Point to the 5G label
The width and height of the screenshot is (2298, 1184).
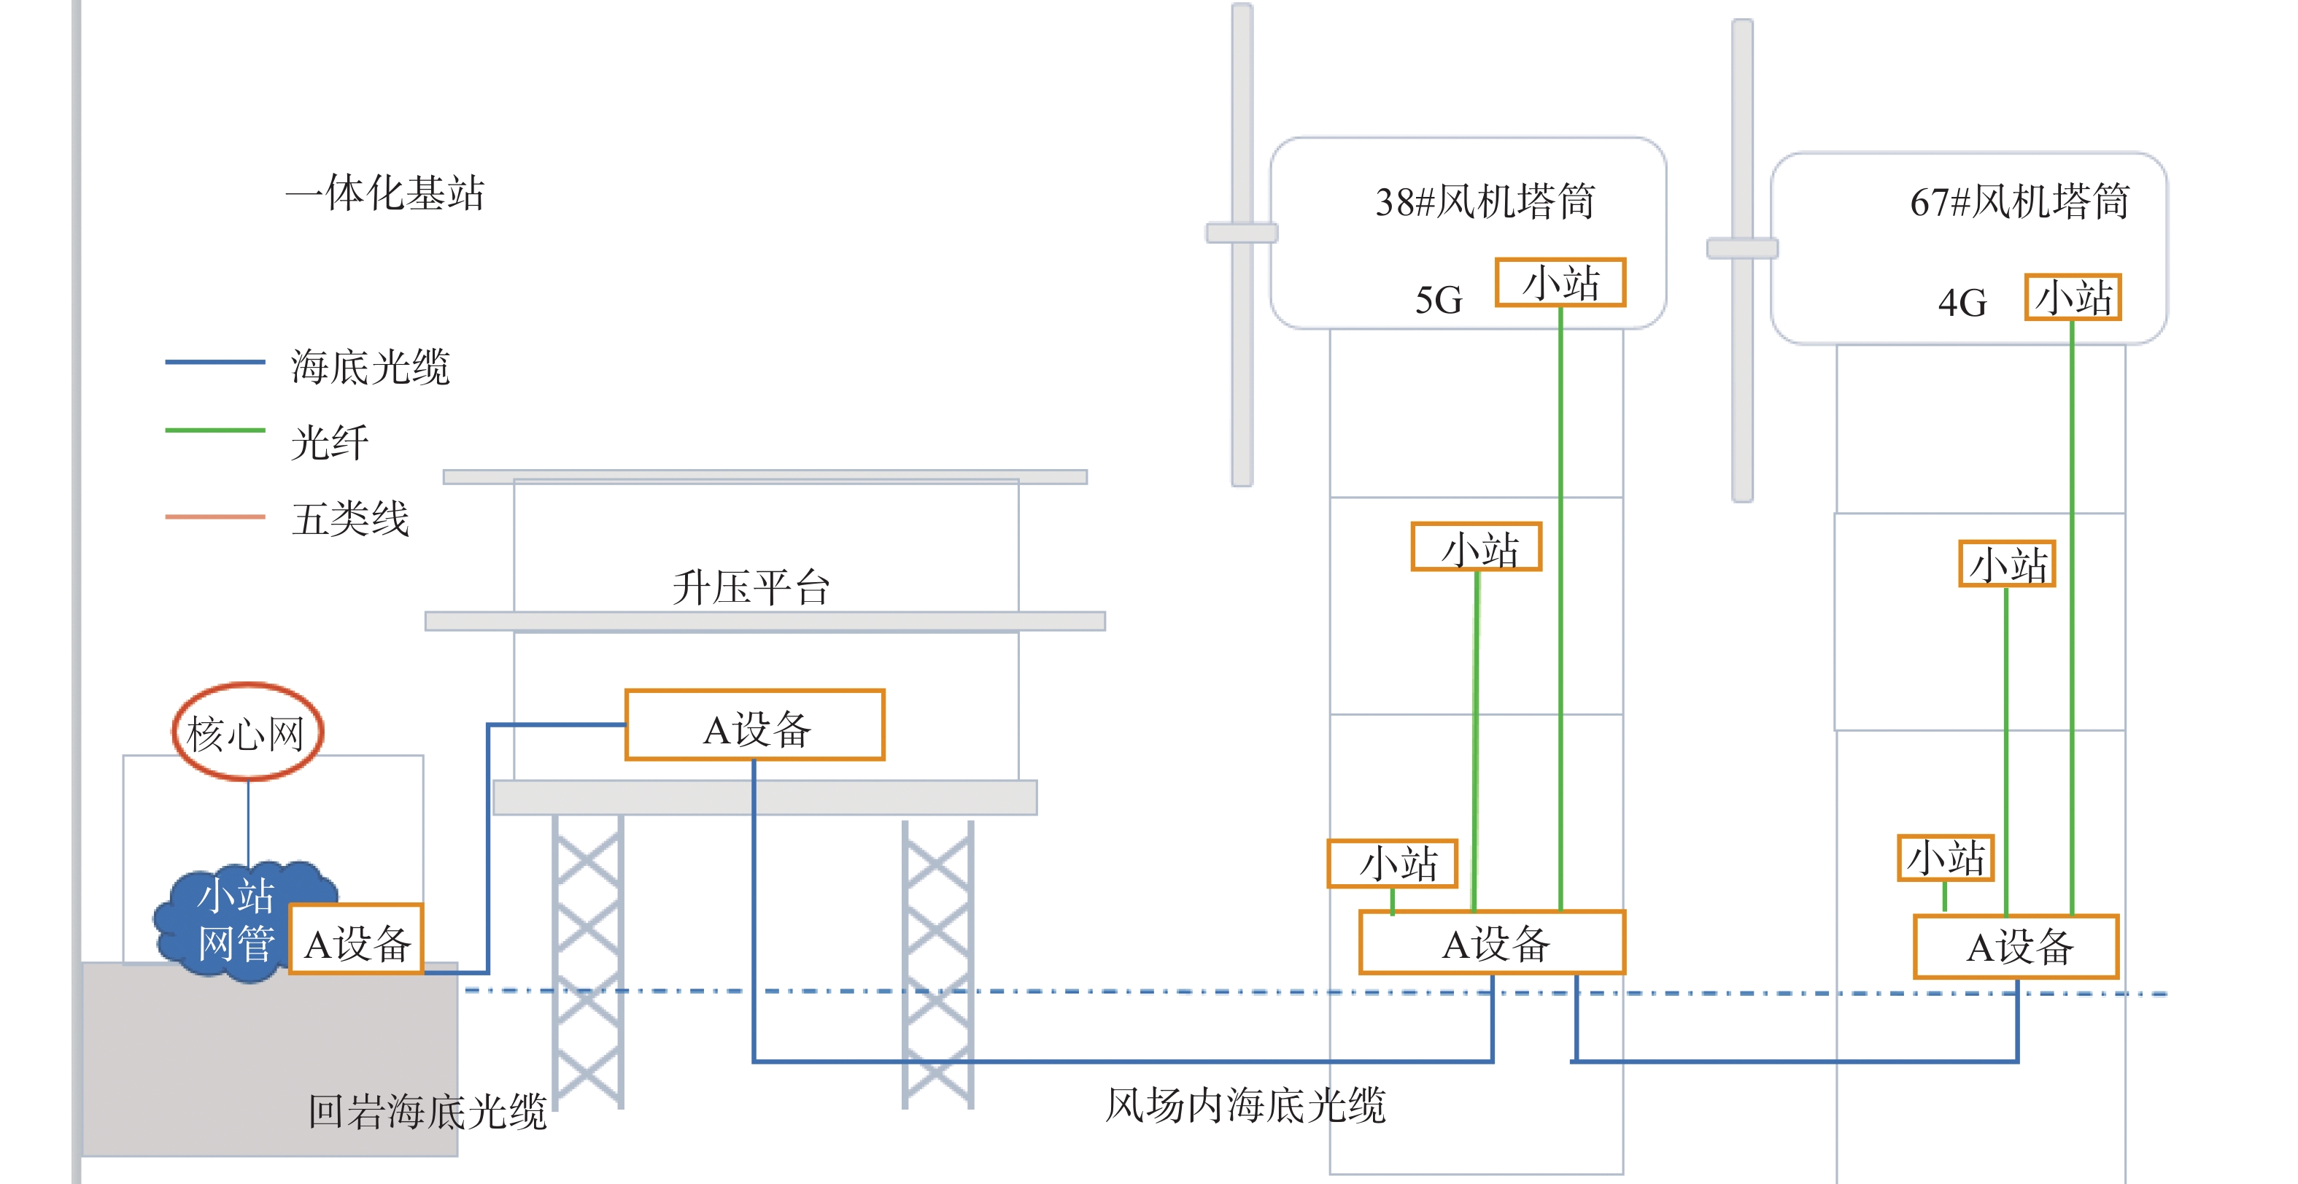click(x=1438, y=300)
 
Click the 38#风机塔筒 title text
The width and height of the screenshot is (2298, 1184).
click(x=1485, y=201)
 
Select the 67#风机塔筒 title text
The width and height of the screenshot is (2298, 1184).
click(x=2019, y=201)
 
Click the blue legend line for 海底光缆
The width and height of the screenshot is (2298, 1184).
click(x=215, y=361)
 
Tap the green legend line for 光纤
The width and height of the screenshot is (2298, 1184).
click(x=215, y=430)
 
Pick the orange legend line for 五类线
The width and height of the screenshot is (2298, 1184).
click(x=215, y=516)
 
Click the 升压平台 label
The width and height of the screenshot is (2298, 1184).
click(x=751, y=588)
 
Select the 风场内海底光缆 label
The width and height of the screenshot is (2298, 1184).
click(x=1245, y=1104)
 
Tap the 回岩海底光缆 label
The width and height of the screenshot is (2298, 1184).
click(x=428, y=1112)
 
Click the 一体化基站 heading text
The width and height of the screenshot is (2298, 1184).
click(x=384, y=193)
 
